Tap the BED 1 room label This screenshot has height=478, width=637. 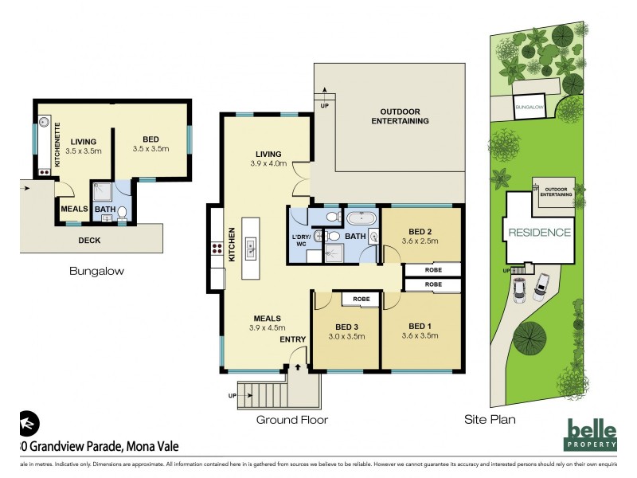[421, 326]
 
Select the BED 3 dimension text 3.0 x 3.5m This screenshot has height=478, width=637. [346, 337]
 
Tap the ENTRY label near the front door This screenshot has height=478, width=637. [291, 341]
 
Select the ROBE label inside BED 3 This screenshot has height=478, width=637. [361, 299]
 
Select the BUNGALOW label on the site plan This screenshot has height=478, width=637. [528, 106]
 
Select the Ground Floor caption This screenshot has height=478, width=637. [291, 420]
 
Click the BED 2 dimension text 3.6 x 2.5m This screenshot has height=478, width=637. [421, 241]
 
